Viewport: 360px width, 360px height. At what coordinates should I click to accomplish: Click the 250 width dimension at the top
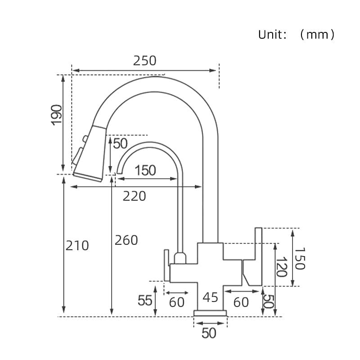[144, 60]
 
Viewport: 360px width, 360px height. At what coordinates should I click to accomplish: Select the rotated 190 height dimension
[56, 115]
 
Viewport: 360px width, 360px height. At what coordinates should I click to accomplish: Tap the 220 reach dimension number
[135, 196]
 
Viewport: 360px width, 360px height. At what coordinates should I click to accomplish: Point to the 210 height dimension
[77, 246]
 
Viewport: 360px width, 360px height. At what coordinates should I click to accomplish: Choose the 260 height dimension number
[126, 240]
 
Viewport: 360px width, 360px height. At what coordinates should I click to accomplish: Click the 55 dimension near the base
[145, 300]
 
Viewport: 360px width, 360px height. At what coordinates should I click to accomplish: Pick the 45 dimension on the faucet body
[210, 297]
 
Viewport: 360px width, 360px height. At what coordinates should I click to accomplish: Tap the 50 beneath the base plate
[209, 333]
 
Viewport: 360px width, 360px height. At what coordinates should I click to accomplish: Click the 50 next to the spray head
[120, 144]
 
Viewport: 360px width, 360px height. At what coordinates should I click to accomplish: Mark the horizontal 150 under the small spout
[145, 171]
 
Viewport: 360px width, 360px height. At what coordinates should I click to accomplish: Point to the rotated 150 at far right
[300, 258]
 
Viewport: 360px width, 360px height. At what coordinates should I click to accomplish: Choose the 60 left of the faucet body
[177, 302]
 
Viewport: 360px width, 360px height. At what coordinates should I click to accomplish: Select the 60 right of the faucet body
[241, 302]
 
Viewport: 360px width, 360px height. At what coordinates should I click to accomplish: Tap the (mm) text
[317, 35]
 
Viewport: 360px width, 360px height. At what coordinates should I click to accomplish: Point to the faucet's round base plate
[210, 313]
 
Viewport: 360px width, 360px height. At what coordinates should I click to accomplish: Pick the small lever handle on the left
[166, 265]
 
